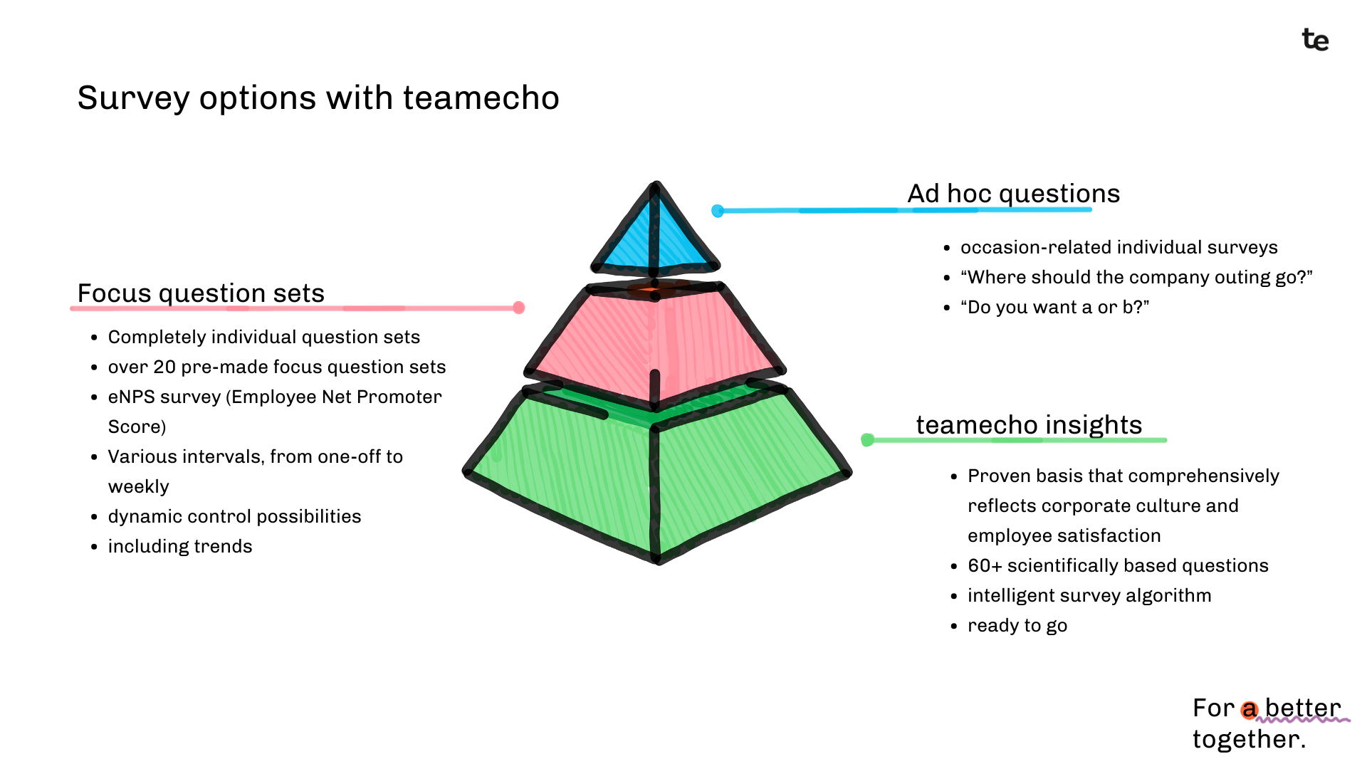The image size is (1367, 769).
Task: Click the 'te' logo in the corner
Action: pos(1315,40)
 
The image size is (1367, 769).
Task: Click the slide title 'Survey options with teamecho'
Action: pos(318,98)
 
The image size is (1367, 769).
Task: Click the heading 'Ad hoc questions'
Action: pos(1013,193)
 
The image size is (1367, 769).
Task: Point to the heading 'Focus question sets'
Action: pos(201,293)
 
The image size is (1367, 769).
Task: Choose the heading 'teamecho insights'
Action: pos(1029,424)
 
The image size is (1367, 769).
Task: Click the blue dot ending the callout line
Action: pos(718,211)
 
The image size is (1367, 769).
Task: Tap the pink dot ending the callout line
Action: pos(519,308)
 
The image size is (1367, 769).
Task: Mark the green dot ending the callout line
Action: pos(867,440)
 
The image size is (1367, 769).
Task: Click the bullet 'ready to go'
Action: pos(1017,625)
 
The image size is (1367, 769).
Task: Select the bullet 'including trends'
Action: pos(180,546)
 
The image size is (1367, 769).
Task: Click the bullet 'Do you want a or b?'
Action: pos(1054,307)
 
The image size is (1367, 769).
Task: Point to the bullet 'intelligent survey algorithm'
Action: pos(1089,595)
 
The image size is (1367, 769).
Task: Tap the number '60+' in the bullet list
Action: pos(985,565)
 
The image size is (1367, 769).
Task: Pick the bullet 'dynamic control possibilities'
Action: pos(234,516)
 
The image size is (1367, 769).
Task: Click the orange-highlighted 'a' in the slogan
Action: pos(1249,709)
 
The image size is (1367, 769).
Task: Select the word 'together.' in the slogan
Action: pos(1249,739)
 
